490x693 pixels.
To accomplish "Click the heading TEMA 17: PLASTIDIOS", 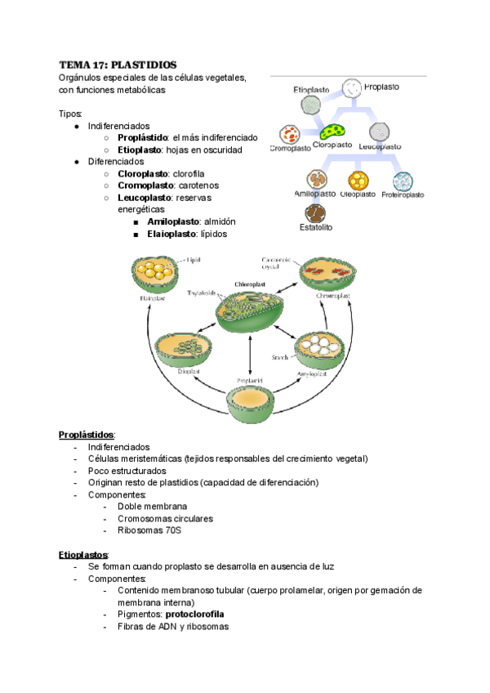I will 117,65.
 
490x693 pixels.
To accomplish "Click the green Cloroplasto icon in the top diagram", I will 332,131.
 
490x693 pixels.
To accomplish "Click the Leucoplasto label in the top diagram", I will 380,146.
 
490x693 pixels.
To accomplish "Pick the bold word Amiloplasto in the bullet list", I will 176,221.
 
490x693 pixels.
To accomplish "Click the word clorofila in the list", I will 189,174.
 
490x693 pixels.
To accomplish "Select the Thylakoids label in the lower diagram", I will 201,293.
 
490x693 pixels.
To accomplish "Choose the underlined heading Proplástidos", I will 87,434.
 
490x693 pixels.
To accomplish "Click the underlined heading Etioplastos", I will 83,554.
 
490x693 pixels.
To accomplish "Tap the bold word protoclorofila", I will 194,614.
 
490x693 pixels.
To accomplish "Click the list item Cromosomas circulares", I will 165,518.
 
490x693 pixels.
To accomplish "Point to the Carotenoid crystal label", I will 275,262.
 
